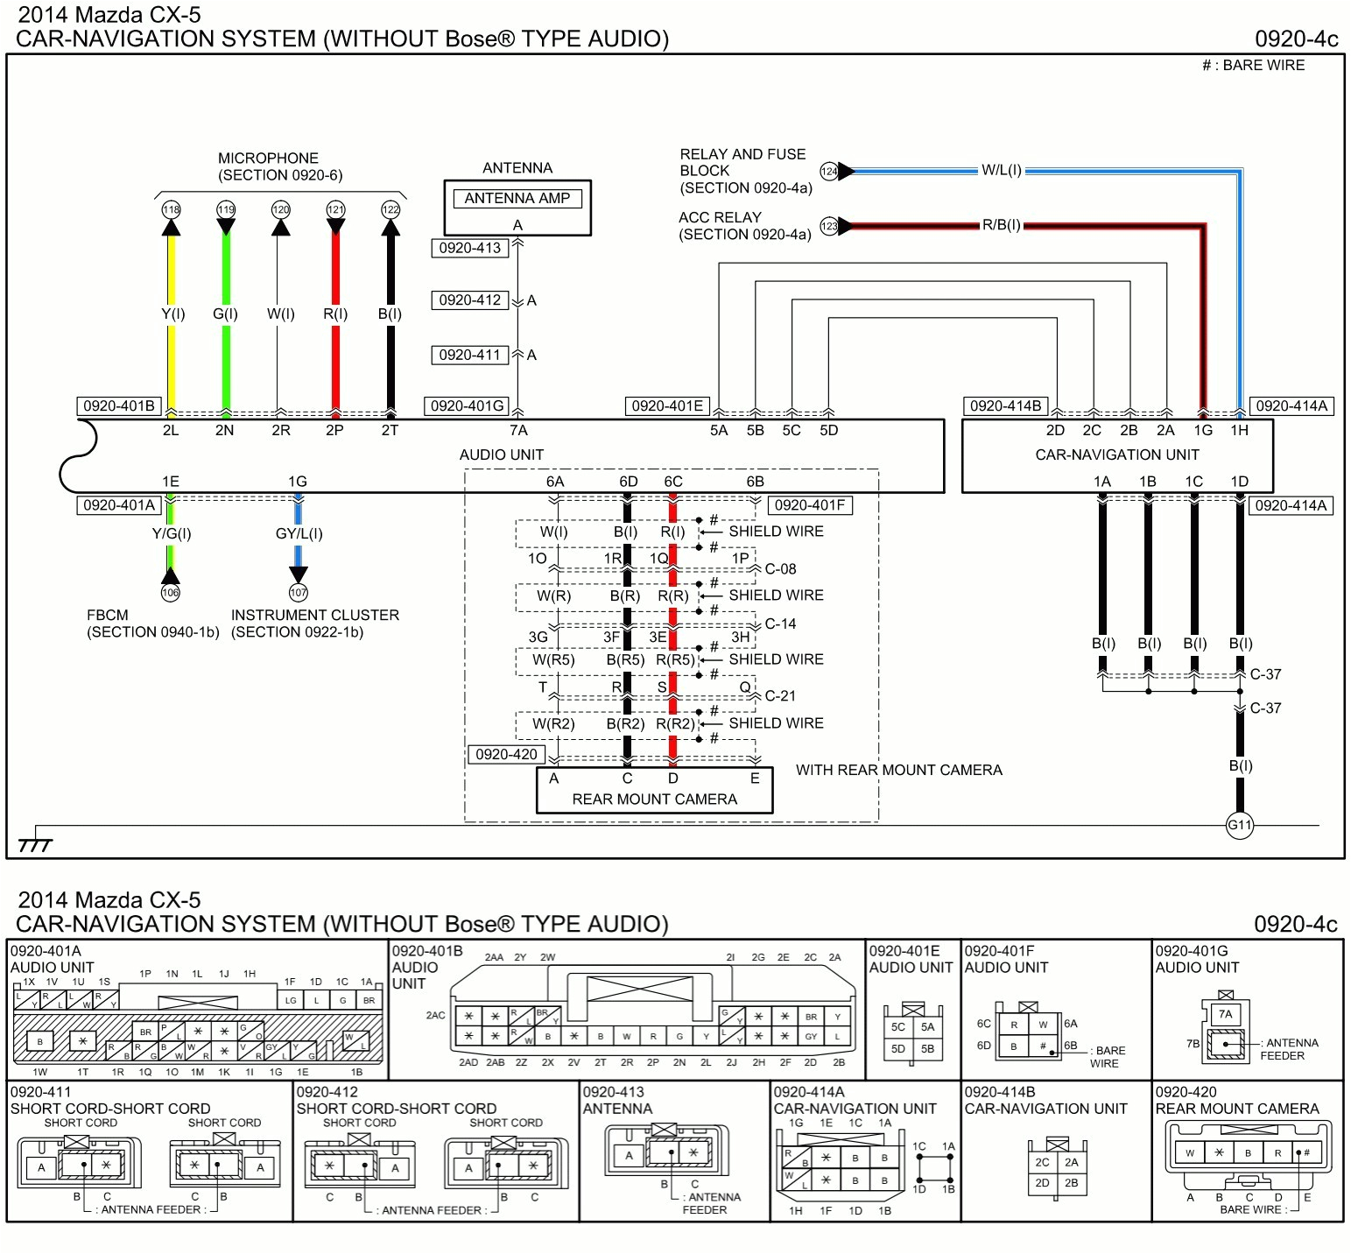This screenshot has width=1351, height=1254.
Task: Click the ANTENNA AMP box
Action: pos(517,199)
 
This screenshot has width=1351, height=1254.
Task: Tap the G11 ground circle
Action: pos(1239,825)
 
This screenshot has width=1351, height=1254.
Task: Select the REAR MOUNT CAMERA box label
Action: pos(654,799)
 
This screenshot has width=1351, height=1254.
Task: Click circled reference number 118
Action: pos(171,209)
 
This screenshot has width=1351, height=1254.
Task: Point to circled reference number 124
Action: pos(828,171)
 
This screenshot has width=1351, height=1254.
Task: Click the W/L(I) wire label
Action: pos(1001,170)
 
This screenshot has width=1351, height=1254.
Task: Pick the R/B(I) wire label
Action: pos(1001,225)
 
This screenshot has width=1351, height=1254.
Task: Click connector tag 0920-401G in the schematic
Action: pos(468,405)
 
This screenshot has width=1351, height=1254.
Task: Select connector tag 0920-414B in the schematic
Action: pos(1005,405)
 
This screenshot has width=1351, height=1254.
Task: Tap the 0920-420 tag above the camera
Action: pos(506,754)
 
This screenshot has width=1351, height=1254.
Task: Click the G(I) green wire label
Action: pos(225,313)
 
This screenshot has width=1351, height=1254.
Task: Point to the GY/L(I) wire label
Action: pos(299,533)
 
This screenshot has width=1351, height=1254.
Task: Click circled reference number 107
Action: pos(299,593)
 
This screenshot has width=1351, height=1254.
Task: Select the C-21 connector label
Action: pos(780,696)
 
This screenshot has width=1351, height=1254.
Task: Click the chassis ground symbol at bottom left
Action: pos(35,844)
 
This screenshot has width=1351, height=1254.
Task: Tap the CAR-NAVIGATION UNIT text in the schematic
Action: pos(1116,454)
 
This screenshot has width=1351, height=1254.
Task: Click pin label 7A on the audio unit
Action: pos(518,430)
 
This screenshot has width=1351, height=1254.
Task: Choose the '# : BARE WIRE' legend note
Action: pos(1253,66)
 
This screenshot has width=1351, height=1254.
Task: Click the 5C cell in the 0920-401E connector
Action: pos(897,1027)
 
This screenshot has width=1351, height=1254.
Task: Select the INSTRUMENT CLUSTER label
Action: pos(314,615)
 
